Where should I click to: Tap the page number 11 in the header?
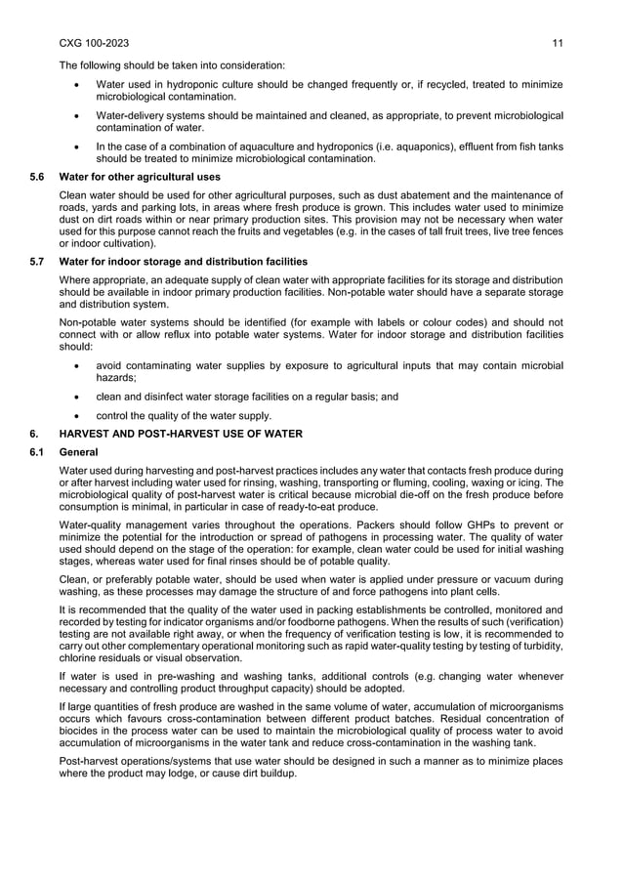tap(557, 44)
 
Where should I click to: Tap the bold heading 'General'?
tap(78, 452)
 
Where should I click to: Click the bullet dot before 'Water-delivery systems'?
tap(77, 116)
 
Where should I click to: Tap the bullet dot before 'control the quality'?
tap(77, 415)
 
